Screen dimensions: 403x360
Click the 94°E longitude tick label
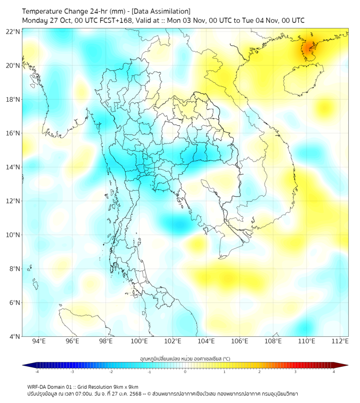pos(39,341)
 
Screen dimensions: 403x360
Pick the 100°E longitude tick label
pos(139,341)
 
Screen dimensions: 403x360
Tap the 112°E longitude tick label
pos(340,341)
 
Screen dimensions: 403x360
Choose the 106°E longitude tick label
pos(240,341)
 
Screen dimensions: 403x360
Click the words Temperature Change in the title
pos(52,11)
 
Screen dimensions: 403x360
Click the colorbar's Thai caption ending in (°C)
pos(185,358)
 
